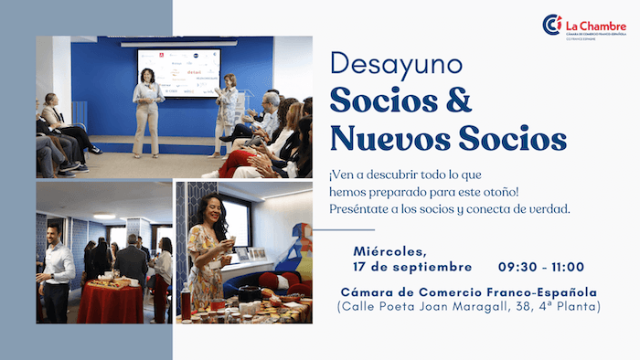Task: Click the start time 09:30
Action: (518, 267)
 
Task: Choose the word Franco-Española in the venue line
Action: (546, 292)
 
